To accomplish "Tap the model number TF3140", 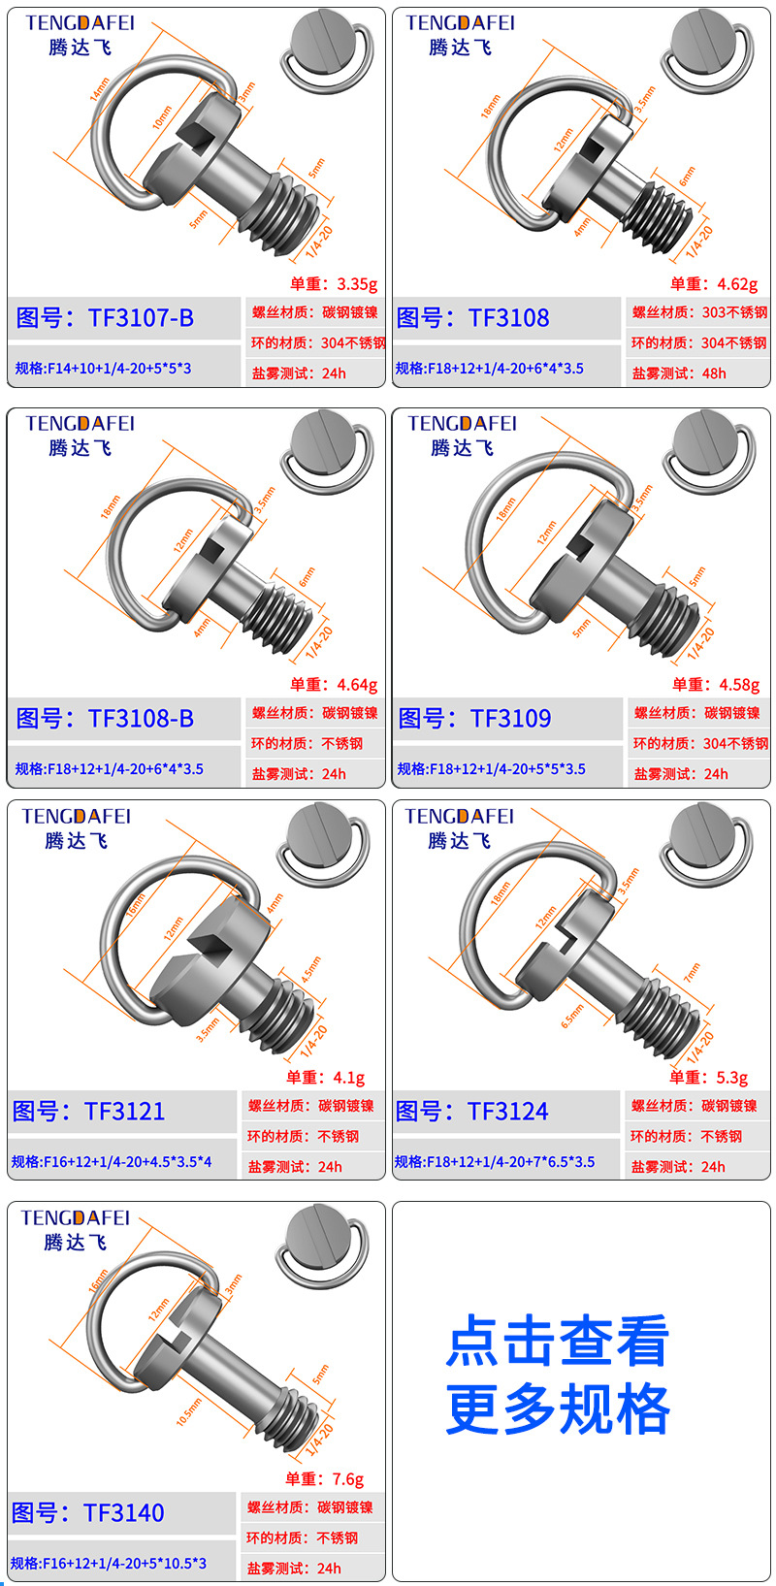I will [88, 1513].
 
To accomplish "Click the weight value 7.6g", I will [347, 1479].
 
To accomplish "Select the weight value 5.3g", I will [731, 1078].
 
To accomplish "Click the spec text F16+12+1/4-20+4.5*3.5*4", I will [112, 1162].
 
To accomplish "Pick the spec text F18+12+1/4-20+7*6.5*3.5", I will [495, 1162].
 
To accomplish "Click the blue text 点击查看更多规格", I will [558, 1375].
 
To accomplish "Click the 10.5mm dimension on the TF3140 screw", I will [189, 1411].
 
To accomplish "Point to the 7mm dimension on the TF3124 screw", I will [692, 972].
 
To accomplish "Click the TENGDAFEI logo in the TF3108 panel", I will [460, 23].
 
